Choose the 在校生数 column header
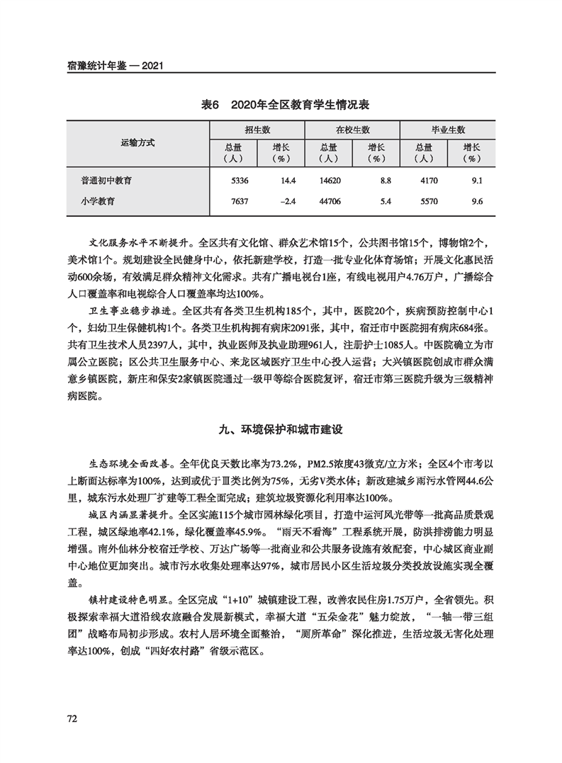[352, 130]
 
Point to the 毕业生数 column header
[448, 130]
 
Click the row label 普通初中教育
[106, 181]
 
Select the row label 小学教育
[99, 202]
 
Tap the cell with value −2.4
[287, 202]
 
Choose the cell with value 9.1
[476, 181]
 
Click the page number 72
[72, 718]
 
